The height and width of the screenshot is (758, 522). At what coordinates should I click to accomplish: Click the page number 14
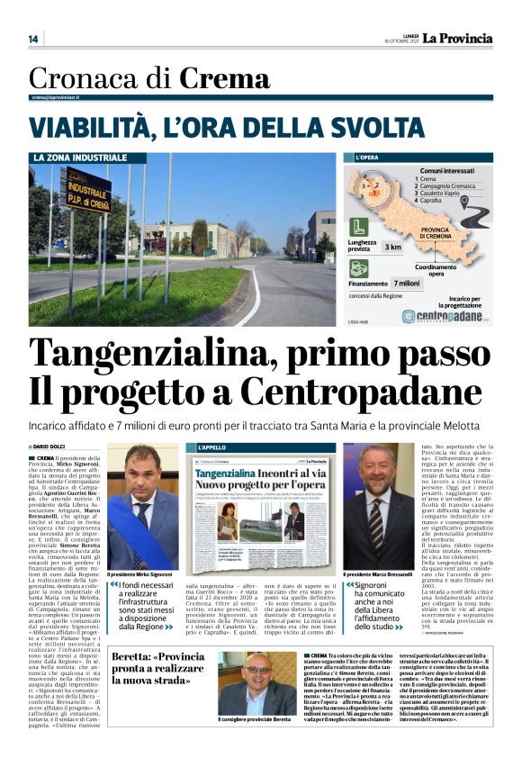coord(33,39)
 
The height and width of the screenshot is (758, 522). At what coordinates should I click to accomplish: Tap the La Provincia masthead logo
coord(459,38)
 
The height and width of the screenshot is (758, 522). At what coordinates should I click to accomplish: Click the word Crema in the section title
coord(224,79)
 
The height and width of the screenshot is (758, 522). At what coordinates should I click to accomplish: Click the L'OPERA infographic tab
coord(364,158)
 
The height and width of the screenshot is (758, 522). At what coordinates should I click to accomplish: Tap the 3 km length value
coord(393,246)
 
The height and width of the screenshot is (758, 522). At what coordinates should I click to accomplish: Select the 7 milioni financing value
coord(407,283)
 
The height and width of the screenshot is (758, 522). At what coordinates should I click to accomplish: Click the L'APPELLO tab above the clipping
coord(211,447)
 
